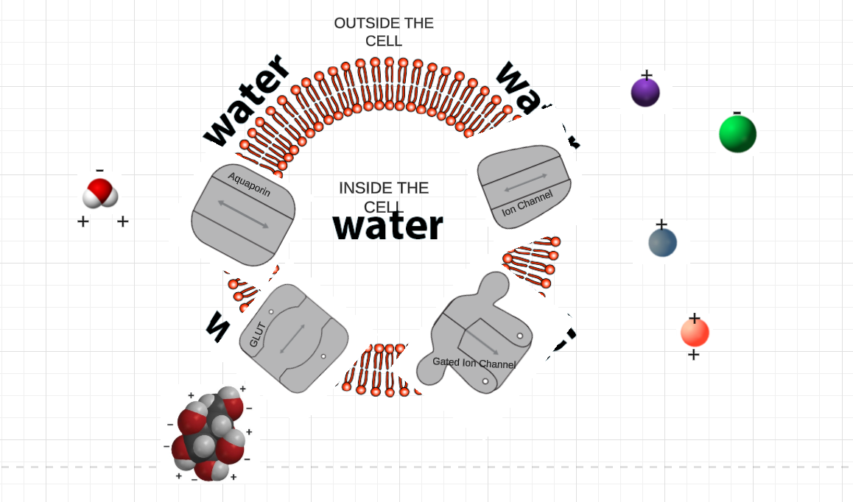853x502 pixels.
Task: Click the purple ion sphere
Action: [645, 93]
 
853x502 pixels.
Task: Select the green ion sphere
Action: [737, 134]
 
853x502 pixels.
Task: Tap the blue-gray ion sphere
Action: [662, 243]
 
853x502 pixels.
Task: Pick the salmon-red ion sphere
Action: [695, 333]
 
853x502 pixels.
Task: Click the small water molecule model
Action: [100, 194]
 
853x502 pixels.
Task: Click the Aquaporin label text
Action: [249, 184]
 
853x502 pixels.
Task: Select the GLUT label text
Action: [256, 335]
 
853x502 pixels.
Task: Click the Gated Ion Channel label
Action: [474, 363]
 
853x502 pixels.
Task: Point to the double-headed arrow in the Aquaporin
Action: [242, 213]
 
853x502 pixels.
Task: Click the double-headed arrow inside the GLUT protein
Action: [292, 338]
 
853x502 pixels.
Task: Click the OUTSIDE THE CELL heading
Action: [384, 32]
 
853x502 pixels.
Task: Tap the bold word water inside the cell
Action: [388, 226]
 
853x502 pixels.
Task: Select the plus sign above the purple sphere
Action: [646, 74]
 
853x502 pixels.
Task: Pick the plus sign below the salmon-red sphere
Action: [693, 356]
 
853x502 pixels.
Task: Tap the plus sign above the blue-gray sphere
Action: [661, 224]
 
